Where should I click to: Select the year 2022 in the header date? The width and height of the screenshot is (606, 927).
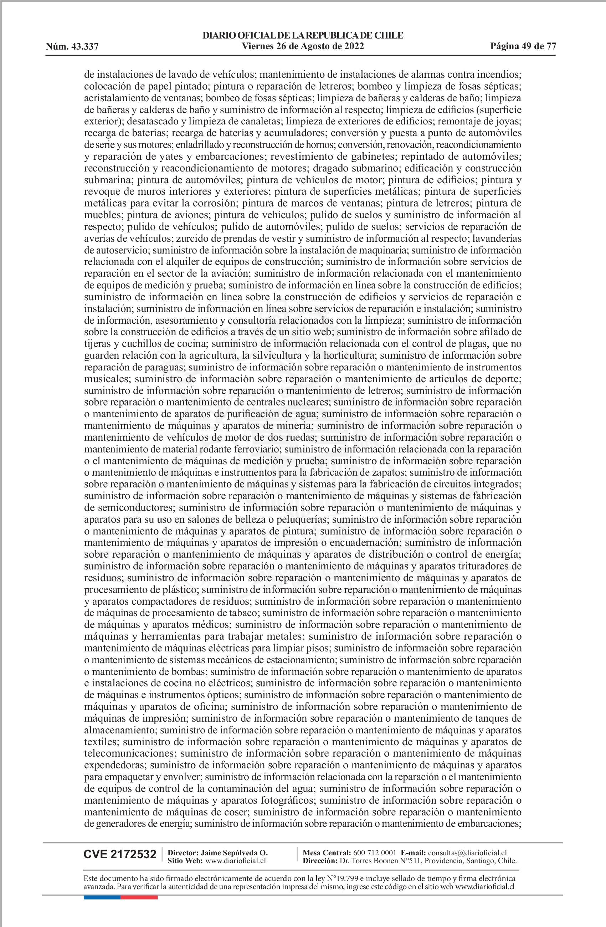pyautogui.click(x=353, y=47)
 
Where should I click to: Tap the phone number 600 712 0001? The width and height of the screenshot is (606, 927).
pyautogui.click(x=374, y=852)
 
